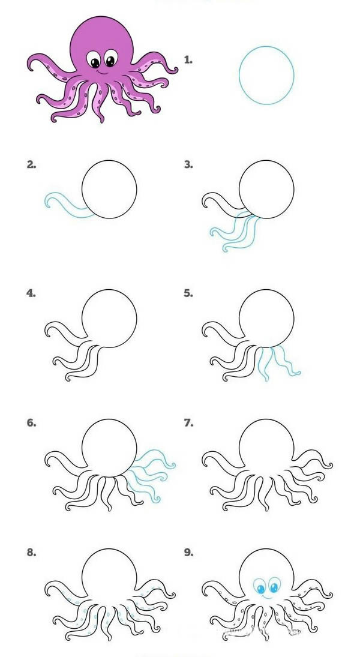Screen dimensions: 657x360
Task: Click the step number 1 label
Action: (188, 59)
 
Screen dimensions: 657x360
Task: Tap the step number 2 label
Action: (31, 164)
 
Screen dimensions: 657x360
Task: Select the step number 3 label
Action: (188, 164)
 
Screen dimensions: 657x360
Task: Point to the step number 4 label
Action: (31, 293)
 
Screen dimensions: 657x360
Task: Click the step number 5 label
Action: (188, 293)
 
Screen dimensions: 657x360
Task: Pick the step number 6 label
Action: (31, 423)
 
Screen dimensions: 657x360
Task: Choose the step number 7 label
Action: (188, 423)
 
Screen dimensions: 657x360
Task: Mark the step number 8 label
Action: (31, 553)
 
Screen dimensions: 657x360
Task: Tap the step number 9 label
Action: (188, 553)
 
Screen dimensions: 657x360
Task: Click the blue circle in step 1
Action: (266, 75)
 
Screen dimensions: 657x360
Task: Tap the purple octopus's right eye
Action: (110, 59)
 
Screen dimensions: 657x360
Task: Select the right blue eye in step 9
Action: (274, 585)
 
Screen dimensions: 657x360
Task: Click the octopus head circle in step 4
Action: (109, 318)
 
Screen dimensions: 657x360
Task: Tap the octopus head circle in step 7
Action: (266, 447)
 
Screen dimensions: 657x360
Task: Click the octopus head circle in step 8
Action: (109, 576)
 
